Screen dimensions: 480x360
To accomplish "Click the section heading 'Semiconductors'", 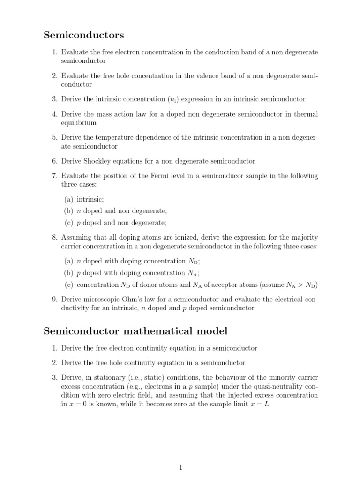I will click(84, 35).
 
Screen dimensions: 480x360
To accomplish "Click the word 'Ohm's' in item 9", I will click(137, 299).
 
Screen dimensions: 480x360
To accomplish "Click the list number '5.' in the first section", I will click(54, 137).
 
